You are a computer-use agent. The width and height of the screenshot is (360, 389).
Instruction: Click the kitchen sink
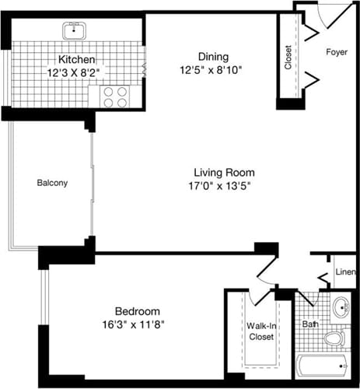(75, 32)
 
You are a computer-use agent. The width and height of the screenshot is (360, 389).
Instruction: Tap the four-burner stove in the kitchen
(114, 96)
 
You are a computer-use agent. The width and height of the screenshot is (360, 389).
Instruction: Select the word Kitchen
(77, 60)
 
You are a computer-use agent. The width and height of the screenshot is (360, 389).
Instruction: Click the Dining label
(212, 56)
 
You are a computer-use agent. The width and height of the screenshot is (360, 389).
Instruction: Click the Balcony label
(52, 184)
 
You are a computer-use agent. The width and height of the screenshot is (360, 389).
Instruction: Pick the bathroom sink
(342, 308)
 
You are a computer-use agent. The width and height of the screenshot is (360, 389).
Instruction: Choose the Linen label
(345, 272)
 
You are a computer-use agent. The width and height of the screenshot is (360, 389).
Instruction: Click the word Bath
(310, 323)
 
